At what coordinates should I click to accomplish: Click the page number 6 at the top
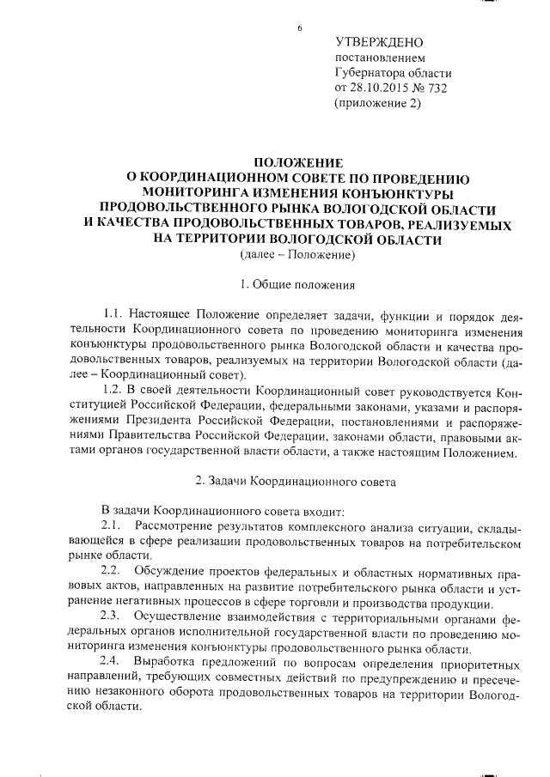(300, 28)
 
